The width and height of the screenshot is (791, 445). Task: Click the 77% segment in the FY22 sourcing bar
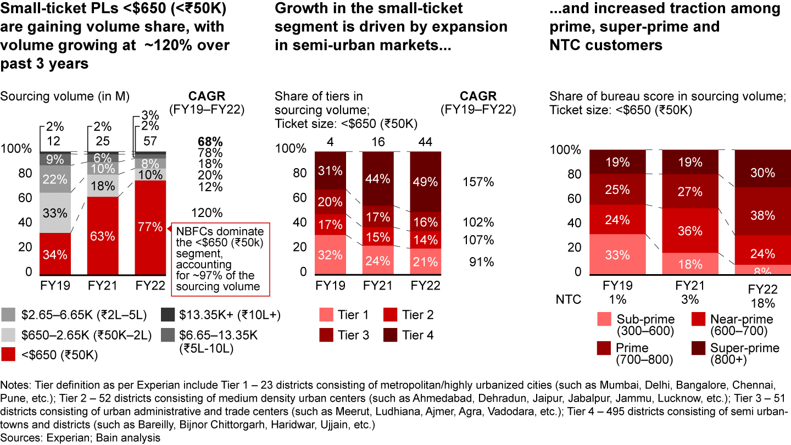[x=150, y=227]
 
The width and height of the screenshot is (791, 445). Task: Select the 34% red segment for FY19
[x=55, y=254]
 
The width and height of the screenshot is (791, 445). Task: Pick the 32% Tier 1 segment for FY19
[x=330, y=254]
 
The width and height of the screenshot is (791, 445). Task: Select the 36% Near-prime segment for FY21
[x=689, y=231]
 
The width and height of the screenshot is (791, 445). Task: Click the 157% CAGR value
[x=478, y=182]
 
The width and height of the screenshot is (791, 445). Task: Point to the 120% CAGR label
[x=207, y=213]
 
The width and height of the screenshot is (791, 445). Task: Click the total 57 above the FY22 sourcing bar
[x=150, y=141]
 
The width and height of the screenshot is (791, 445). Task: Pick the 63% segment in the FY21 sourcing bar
[x=103, y=236]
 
